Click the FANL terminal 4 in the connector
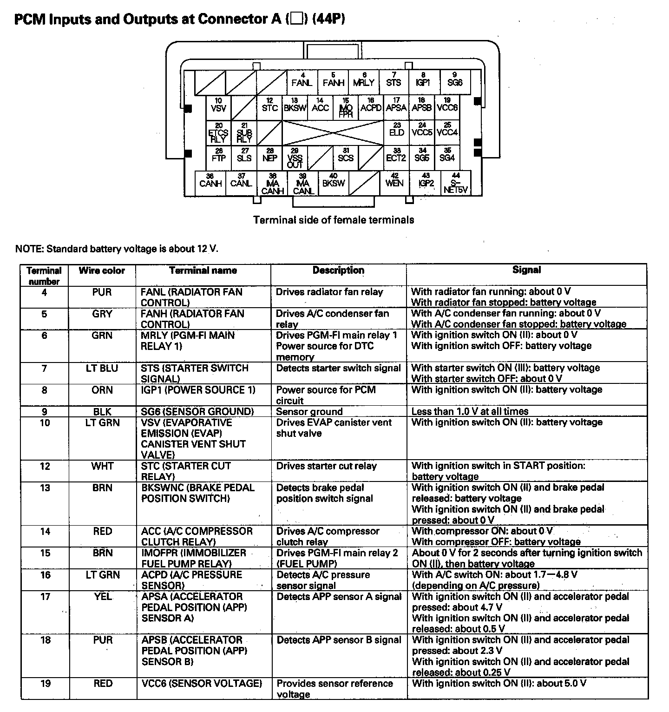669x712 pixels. coord(302,80)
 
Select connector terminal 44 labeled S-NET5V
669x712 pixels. coord(455,183)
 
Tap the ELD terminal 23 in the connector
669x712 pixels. coord(397,130)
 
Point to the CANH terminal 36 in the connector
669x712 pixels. coord(210,180)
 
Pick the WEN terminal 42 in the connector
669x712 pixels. coord(394,180)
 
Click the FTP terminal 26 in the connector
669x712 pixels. coord(218,155)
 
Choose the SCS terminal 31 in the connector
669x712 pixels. coord(346,155)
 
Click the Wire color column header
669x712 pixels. coord(102,270)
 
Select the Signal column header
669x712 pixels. coord(526,270)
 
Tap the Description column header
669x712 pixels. coord(338,270)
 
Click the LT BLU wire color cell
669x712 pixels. coord(102,368)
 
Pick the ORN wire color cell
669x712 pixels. coord(102,390)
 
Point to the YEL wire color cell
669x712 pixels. coord(102,596)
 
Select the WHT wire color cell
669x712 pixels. coord(102,466)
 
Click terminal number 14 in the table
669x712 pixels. coord(45,531)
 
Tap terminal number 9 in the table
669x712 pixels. coord(45,412)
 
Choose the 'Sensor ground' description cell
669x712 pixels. coord(309,412)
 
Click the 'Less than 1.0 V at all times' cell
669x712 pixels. coord(470,411)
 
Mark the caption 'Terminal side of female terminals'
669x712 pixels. coord(334,220)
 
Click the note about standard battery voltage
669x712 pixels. coord(117,249)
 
